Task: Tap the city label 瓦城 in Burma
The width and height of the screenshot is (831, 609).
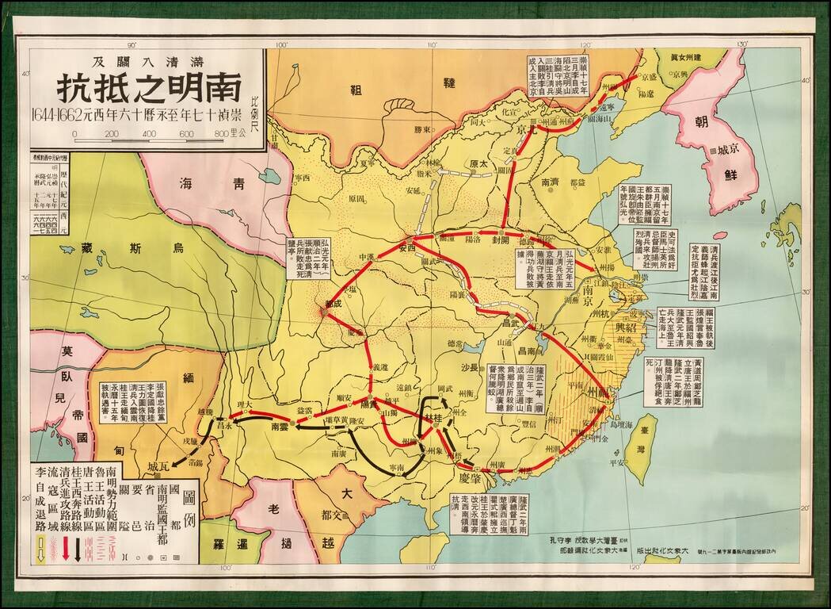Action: (x=158, y=465)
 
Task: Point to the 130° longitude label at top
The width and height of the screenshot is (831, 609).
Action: (x=741, y=44)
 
